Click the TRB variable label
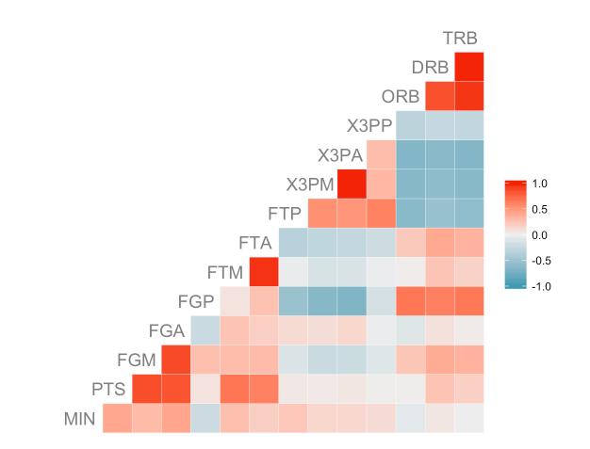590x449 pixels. tap(460, 39)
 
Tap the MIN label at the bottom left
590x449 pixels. tap(80, 419)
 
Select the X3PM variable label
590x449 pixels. tap(310, 184)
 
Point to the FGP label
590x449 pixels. tap(196, 301)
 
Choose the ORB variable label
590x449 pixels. tap(401, 97)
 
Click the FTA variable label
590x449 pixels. tap(255, 243)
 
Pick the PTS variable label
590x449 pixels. tap(108, 389)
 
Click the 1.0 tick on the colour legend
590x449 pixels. tap(541, 182)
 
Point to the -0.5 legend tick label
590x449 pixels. tap(540, 261)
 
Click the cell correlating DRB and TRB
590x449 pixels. tap(469, 67)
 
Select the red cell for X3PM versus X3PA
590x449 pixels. tap(352, 184)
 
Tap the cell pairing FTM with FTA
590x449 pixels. tap(264, 272)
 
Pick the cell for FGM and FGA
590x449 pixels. tap(175, 360)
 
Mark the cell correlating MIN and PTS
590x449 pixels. tap(117, 418)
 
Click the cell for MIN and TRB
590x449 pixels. tap(469, 418)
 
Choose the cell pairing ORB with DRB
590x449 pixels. tap(440, 96)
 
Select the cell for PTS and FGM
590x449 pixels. tap(146, 389)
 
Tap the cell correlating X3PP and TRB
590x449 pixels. tap(469, 125)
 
